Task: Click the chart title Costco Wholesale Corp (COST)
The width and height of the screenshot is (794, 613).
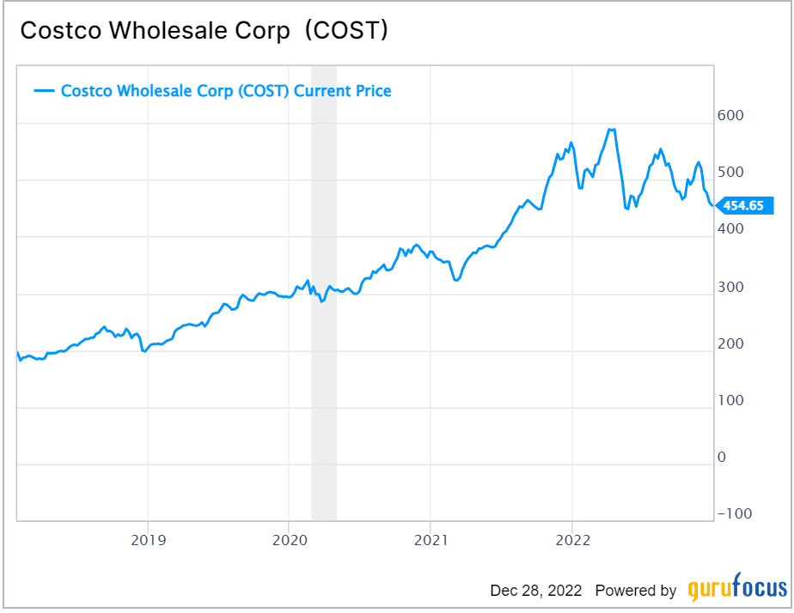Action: coord(205,31)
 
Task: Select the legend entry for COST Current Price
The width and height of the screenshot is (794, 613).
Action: coord(213,90)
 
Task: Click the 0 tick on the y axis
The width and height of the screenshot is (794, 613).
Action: coord(722,457)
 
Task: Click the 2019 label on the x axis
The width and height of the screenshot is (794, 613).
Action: coord(148,540)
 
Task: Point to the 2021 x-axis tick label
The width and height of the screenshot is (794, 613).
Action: coord(431,540)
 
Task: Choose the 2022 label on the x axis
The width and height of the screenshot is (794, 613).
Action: coord(571,540)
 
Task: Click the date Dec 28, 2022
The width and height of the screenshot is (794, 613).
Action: coord(536,591)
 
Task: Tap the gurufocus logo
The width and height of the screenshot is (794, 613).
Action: coord(737,590)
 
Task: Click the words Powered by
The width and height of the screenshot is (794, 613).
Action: coord(636,591)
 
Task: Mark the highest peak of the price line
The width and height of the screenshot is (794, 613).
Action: coord(611,130)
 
